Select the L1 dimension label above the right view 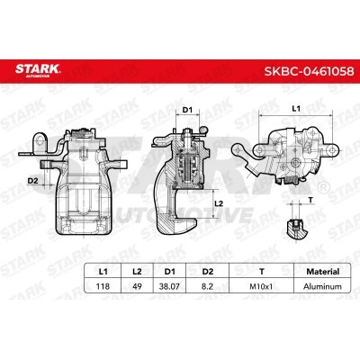(297, 107)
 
